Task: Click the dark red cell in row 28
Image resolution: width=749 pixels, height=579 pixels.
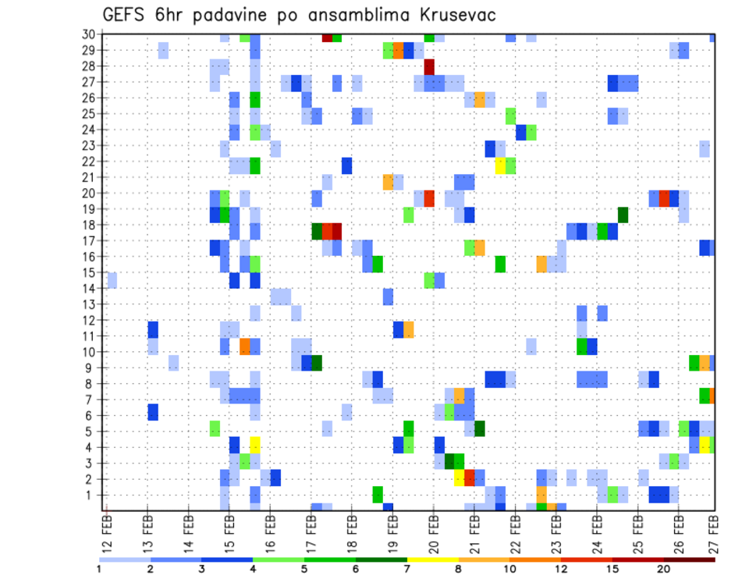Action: click(x=429, y=66)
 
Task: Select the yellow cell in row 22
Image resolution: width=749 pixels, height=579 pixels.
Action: click(x=500, y=165)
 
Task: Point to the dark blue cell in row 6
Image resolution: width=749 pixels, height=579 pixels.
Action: click(x=153, y=411)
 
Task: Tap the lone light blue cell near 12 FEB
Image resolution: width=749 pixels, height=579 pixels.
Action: click(x=112, y=279)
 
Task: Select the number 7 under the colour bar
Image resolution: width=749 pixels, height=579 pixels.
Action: click(x=407, y=568)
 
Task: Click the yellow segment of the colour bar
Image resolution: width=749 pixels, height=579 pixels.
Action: click(x=433, y=559)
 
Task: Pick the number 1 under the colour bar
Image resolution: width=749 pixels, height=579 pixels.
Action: click(x=99, y=568)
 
